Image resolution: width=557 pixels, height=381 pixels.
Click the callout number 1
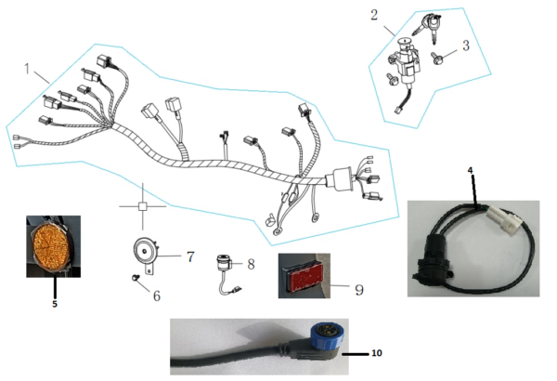27,69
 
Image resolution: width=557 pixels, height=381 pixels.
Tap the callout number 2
374,15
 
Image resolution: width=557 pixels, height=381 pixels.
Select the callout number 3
466,46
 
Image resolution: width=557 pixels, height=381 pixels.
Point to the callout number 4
471,170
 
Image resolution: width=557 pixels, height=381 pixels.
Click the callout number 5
55,304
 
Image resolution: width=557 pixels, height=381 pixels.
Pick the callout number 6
157,296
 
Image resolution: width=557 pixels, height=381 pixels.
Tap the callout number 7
190,256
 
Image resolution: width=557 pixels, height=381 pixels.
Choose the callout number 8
251,264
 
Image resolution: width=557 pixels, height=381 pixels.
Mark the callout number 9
359,290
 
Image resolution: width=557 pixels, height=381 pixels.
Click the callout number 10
377,353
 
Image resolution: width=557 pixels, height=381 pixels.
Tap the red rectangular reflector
302,275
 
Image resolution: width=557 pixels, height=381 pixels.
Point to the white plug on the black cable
505,217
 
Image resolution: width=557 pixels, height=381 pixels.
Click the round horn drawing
145,252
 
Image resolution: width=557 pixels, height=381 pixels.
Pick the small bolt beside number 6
135,277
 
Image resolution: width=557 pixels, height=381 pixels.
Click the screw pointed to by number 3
435,59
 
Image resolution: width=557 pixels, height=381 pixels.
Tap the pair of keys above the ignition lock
428,26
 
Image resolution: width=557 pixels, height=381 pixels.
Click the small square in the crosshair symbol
142,206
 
